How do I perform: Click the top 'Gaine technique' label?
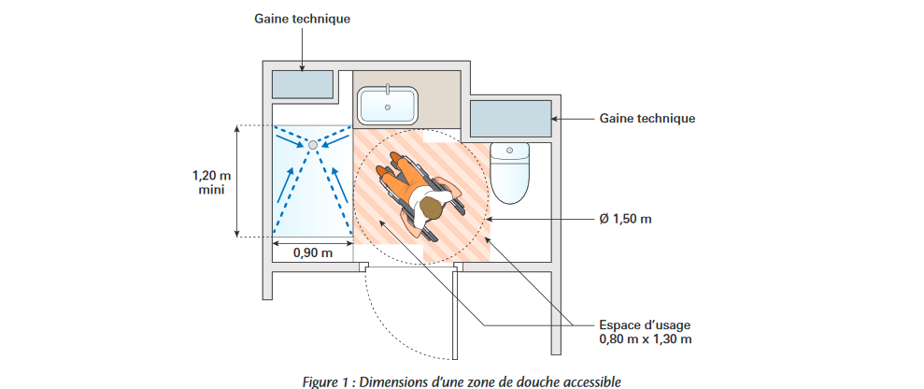(301, 19)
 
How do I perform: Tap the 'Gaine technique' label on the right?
(647, 119)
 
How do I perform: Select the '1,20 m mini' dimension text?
(210, 182)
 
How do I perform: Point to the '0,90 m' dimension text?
(313, 252)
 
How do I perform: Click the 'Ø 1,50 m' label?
(625, 219)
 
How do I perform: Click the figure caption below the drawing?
(462, 380)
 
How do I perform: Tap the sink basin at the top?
(388, 105)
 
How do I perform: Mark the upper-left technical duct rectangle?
(303, 84)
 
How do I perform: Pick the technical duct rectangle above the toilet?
(509, 119)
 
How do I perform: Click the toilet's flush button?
(510, 149)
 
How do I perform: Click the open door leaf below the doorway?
(456, 312)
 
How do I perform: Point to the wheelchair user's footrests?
(385, 174)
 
